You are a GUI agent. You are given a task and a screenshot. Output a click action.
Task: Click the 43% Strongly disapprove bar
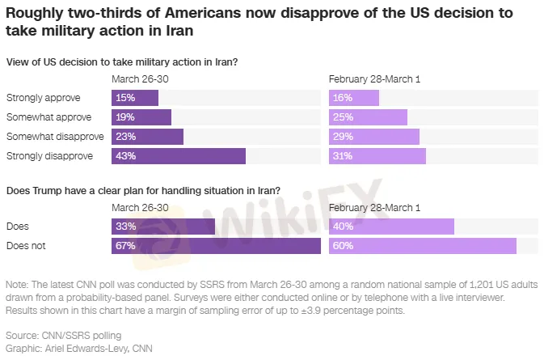[x=178, y=156]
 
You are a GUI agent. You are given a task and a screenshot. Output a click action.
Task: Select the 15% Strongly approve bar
[x=134, y=98]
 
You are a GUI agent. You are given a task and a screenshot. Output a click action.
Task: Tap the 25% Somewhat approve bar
[x=360, y=117]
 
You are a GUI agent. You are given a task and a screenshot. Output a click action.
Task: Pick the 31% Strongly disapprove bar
[x=377, y=156]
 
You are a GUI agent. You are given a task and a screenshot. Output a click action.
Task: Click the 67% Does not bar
[x=216, y=245]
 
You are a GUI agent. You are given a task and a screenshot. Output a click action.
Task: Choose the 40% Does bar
[x=391, y=226]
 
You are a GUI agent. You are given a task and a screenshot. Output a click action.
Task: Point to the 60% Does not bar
[x=422, y=245]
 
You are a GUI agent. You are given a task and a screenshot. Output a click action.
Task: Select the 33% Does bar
[x=163, y=226]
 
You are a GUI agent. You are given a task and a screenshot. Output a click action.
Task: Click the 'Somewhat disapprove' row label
[x=48, y=137]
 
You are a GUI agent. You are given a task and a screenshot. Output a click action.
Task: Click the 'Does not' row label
[x=23, y=245]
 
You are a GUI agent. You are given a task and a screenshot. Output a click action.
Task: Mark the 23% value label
[x=125, y=137]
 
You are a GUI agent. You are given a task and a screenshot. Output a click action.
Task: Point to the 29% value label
[x=343, y=137]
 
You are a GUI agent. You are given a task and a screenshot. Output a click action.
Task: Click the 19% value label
[x=125, y=117]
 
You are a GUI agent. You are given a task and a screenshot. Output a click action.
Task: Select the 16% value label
[x=343, y=98]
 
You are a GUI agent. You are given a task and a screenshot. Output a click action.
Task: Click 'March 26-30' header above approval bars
[x=140, y=79]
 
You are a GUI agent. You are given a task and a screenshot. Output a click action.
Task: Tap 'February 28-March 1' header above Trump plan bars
[x=374, y=207]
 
